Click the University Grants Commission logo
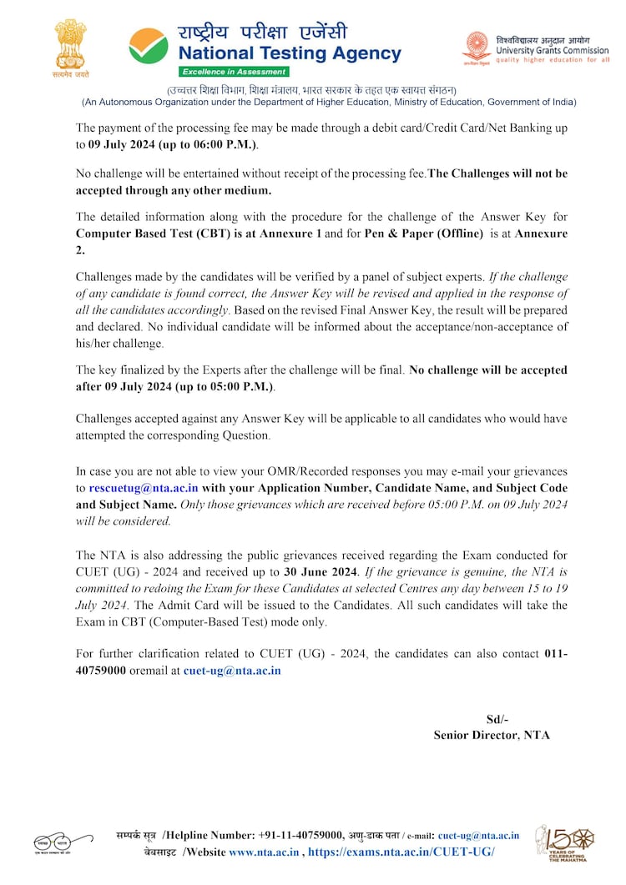coord(477,48)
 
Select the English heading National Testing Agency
coord(289,54)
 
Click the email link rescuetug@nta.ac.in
coord(144,488)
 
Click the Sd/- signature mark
coord(497,719)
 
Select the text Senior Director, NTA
coord(492,735)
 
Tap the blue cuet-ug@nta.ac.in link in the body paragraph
coord(232,670)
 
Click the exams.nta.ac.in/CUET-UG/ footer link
coord(401,852)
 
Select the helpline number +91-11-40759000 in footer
coord(300,835)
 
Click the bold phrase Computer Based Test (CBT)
coord(151,234)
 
